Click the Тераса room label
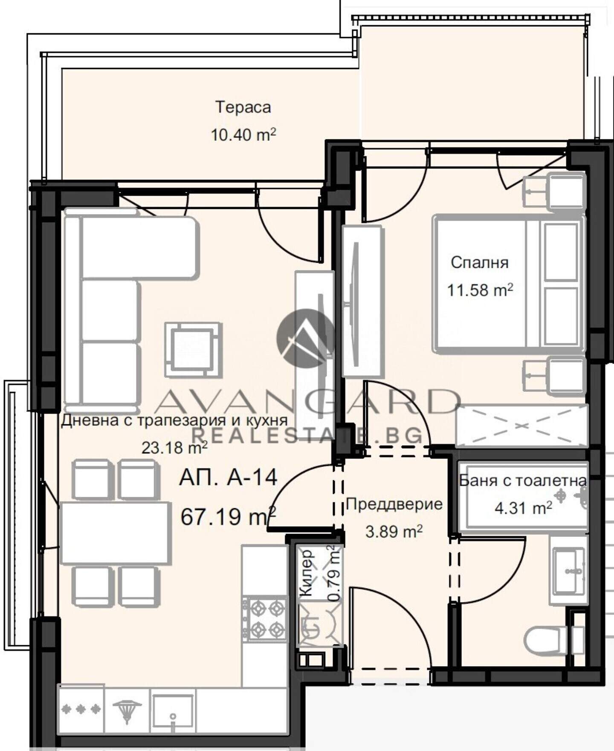[x=243, y=107]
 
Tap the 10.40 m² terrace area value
[x=243, y=135]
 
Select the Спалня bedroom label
[x=480, y=263]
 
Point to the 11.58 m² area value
[x=480, y=290]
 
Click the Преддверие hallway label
[x=394, y=505]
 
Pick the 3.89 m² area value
[x=394, y=532]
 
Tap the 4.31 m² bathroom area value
[x=523, y=508]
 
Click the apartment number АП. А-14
[x=228, y=477]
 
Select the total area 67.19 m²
[x=228, y=516]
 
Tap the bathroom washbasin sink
[x=568, y=571]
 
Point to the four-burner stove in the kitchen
[x=264, y=619]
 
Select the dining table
[x=115, y=533]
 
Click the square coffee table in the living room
[x=194, y=350]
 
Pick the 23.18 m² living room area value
[x=174, y=448]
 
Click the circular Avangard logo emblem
[x=306, y=338]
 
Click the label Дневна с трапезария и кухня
[x=174, y=420]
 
